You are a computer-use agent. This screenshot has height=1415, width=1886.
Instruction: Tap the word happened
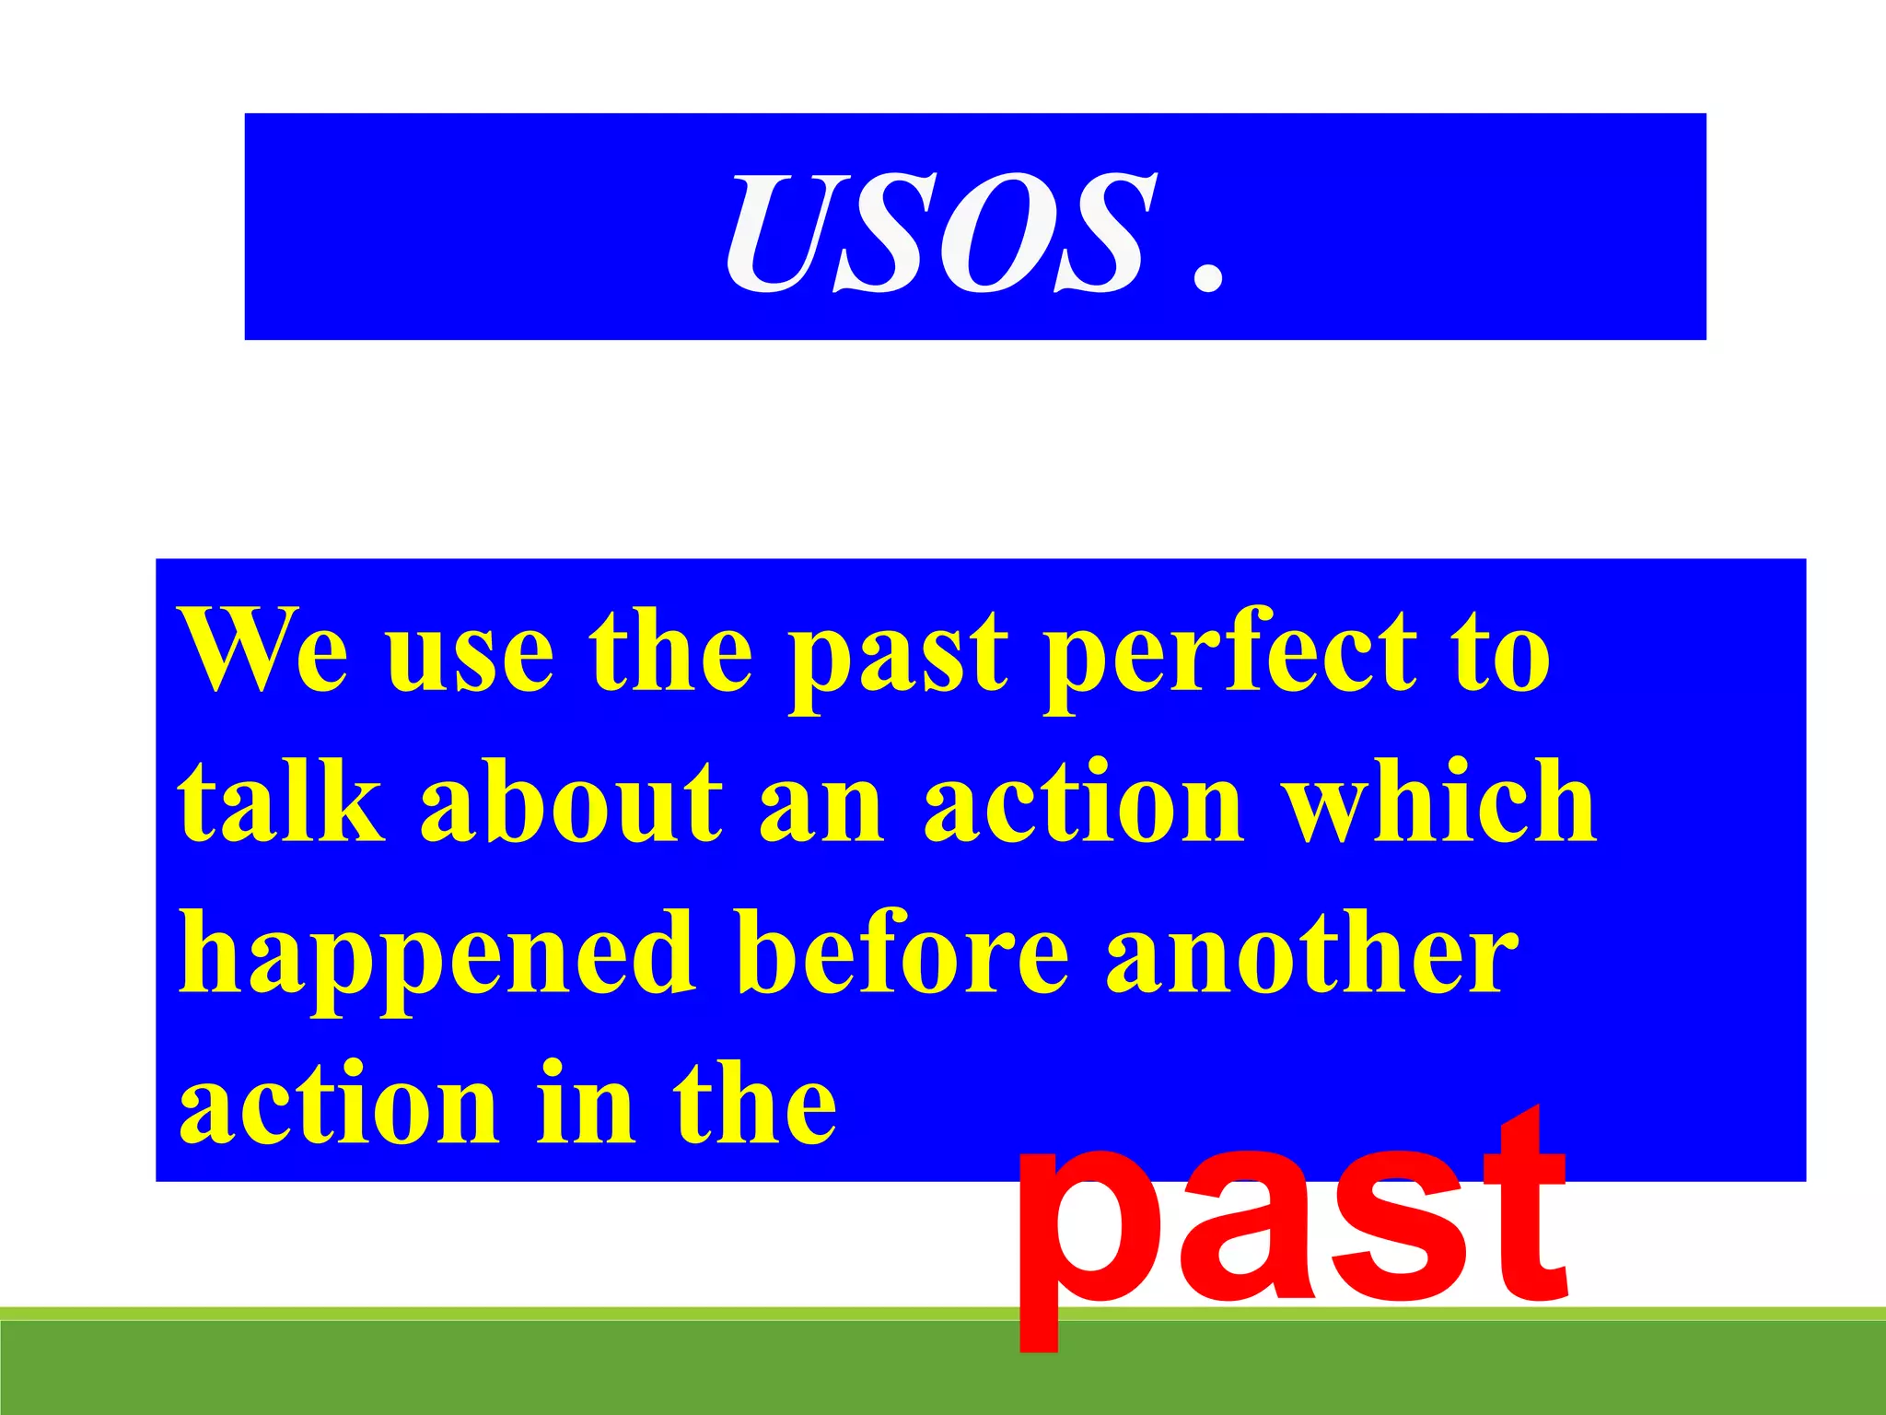tap(437, 958)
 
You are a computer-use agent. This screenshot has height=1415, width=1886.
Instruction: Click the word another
tap(1311, 953)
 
